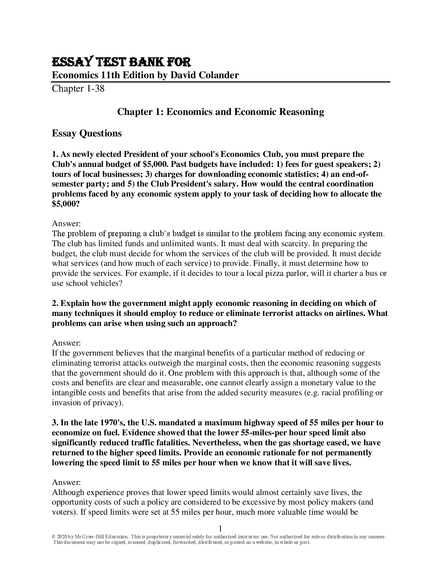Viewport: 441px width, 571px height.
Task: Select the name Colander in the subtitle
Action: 219,75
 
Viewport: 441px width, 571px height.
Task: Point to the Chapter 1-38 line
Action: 78,89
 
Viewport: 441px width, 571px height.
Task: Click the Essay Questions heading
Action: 87,133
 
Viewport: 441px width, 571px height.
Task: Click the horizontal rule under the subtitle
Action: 221,82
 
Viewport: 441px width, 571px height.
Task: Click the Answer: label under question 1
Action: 66,224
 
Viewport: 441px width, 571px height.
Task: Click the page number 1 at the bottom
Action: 220,529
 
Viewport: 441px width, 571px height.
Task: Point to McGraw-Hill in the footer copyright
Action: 90,537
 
